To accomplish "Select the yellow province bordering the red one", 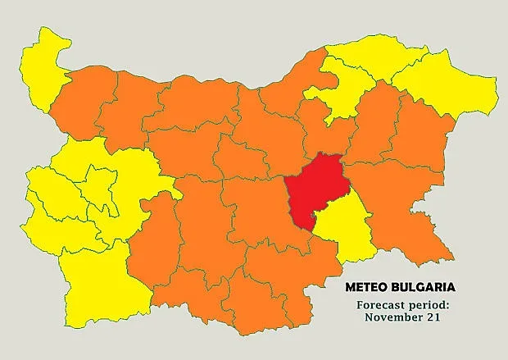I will [342, 230].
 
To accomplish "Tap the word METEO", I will [365, 288].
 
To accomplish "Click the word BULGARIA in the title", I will [421, 288].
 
